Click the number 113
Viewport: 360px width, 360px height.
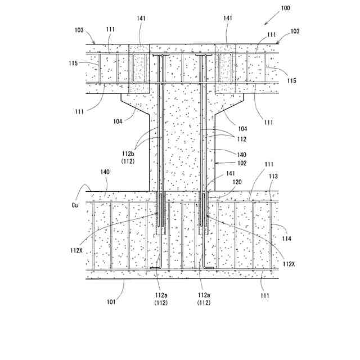272,177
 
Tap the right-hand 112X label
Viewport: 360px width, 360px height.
289,264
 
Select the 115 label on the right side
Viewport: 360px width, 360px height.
291,81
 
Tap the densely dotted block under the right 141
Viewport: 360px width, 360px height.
226,69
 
